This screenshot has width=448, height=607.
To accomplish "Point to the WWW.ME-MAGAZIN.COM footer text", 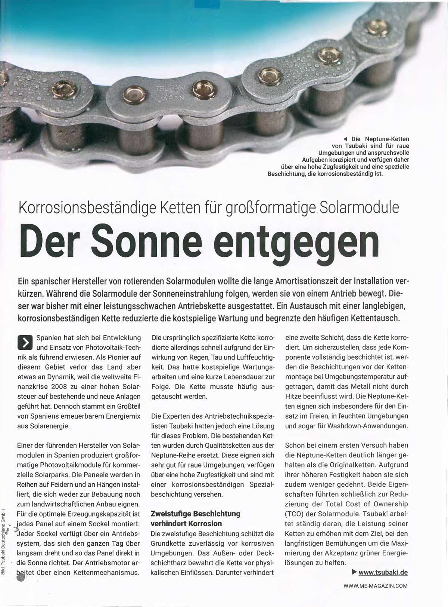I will (x=375, y=586).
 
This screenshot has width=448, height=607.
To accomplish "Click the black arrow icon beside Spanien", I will (x=25, y=342).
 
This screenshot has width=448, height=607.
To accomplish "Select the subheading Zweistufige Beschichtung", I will (x=195, y=514).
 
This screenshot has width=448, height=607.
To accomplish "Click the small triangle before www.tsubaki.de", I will (x=353, y=572).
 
